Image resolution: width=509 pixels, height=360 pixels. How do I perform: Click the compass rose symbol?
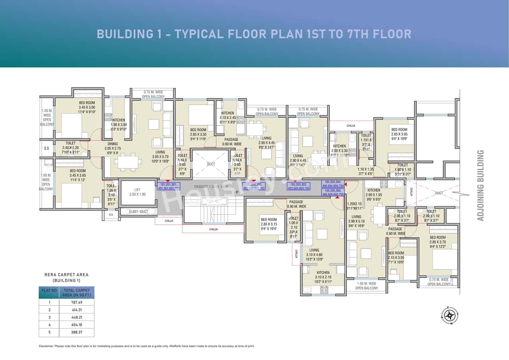(x=450, y=315)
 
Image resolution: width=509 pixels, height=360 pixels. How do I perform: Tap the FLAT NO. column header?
(x=50, y=290)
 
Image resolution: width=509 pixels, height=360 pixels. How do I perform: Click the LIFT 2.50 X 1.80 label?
(x=138, y=192)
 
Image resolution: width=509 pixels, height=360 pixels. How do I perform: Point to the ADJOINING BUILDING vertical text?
(x=481, y=185)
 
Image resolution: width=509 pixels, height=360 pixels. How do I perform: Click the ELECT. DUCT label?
(x=139, y=212)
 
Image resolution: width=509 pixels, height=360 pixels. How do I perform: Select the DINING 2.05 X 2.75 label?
(x=113, y=146)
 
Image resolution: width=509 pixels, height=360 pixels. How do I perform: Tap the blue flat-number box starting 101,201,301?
(x=169, y=186)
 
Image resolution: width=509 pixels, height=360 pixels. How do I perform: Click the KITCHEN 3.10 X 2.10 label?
(x=323, y=275)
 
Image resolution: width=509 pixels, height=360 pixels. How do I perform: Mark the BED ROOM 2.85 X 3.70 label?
(x=438, y=242)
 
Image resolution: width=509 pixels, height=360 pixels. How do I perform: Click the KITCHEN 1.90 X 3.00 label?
(x=119, y=124)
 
